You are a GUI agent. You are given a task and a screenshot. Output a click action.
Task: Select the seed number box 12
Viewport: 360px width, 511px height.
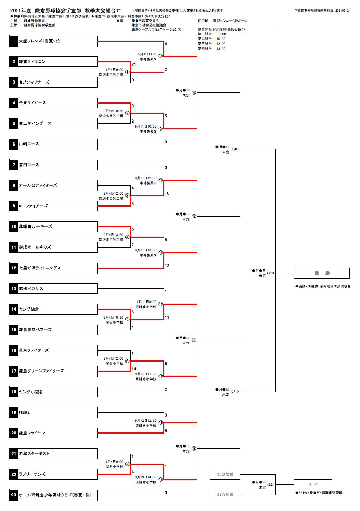14,268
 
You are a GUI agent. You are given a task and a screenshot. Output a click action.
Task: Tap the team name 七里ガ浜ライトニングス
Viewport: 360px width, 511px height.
40,268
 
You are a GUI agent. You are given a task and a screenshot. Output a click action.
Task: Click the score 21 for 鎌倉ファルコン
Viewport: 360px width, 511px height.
134,65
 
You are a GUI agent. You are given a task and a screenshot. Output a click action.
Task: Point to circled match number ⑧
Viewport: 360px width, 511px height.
160,56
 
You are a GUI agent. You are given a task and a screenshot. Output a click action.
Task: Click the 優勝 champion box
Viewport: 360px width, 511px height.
322,273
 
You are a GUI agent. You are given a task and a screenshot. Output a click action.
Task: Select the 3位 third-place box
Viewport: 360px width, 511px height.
313,485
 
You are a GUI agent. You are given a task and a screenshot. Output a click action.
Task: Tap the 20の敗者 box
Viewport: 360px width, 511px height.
225,474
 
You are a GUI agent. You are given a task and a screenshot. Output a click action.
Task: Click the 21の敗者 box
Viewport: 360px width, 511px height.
225,495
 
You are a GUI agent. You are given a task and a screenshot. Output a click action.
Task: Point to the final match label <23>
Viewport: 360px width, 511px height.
271,273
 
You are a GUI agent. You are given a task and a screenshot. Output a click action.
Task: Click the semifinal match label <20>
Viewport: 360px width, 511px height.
235,149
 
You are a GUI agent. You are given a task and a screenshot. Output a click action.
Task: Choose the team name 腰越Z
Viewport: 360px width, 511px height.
24,413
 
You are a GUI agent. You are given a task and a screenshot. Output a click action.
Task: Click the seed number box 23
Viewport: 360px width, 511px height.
14,495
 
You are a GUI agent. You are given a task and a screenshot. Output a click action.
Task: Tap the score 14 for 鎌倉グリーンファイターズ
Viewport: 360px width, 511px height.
134,369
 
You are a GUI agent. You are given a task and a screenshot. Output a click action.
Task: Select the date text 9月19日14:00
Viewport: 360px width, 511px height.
145,477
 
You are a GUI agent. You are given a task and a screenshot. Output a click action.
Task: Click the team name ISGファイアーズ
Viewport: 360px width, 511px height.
33,206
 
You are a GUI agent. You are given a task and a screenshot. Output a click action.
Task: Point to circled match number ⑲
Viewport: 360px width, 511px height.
194,449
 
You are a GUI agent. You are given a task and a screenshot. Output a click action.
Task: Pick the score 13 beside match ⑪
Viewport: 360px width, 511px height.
167,266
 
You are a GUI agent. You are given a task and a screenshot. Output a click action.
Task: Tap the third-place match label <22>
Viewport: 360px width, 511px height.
271,485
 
